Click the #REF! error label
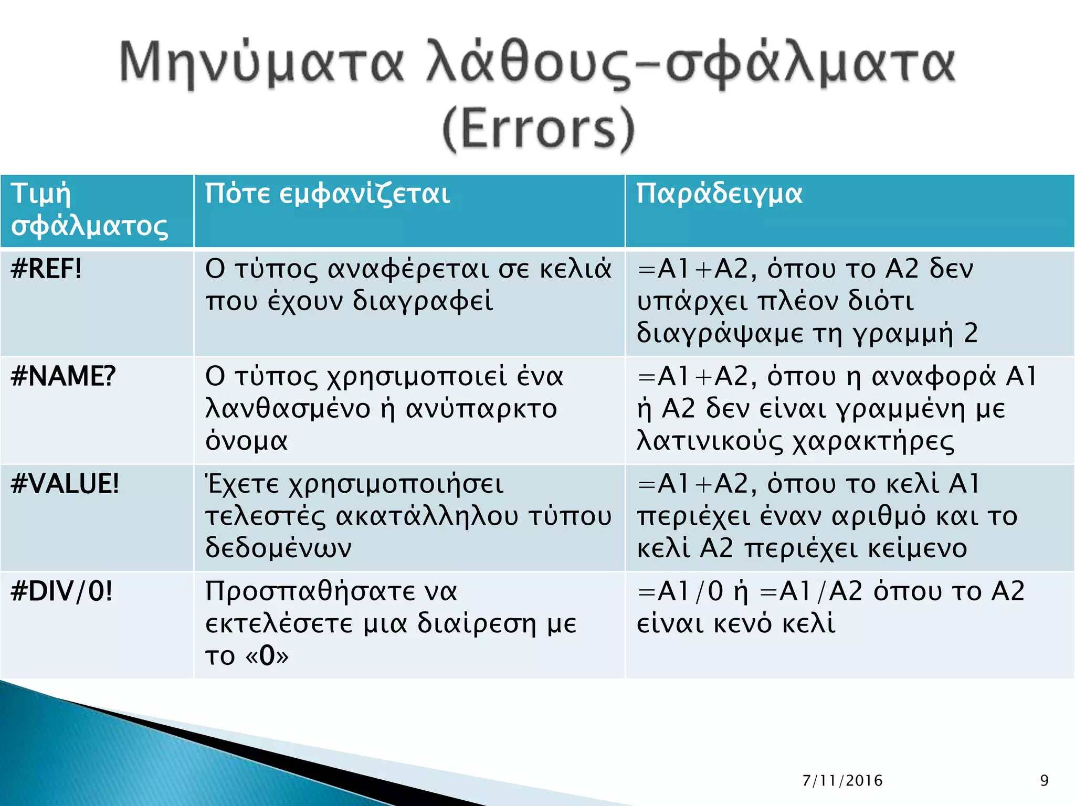tap(46, 269)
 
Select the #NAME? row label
tap(63, 376)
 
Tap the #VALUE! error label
tap(65, 484)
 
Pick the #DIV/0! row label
tap(61, 591)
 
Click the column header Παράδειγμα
tap(719, 194)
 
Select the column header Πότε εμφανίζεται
tap(328, 194)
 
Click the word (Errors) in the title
tap(539, 129)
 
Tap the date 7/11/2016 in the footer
tap(842, 781)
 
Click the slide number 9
tap(1044, 781)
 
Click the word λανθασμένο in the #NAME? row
tap(288, 409)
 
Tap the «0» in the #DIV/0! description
tap(267, 656)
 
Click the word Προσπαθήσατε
tap(331, 592)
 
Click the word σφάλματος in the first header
tap(89, 227)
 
